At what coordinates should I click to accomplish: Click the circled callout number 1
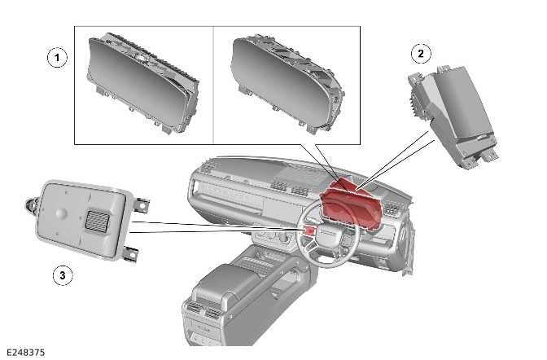tap(57, 57)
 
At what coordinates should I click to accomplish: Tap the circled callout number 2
tap(421, 54)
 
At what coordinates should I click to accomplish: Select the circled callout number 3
tap(63, 275)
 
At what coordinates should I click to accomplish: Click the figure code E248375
tap(26, 353)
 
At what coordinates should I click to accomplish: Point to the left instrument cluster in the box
tap(142, 83)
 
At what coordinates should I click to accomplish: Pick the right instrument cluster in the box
tap(287, 84)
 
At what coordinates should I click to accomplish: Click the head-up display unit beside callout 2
tap(453, 115)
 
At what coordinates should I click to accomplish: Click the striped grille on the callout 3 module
tap(98, 221)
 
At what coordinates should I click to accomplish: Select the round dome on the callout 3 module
tap(61, 213)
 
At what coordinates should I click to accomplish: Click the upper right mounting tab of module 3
tap(141, 204)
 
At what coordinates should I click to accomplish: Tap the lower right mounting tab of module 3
tap(130, 254)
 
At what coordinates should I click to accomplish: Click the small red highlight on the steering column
tap(309, 230)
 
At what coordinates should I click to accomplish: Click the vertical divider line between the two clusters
tap(213, 85)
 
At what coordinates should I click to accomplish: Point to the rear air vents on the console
tap(206, 311)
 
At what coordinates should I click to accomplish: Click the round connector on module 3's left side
tap(31, 204)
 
